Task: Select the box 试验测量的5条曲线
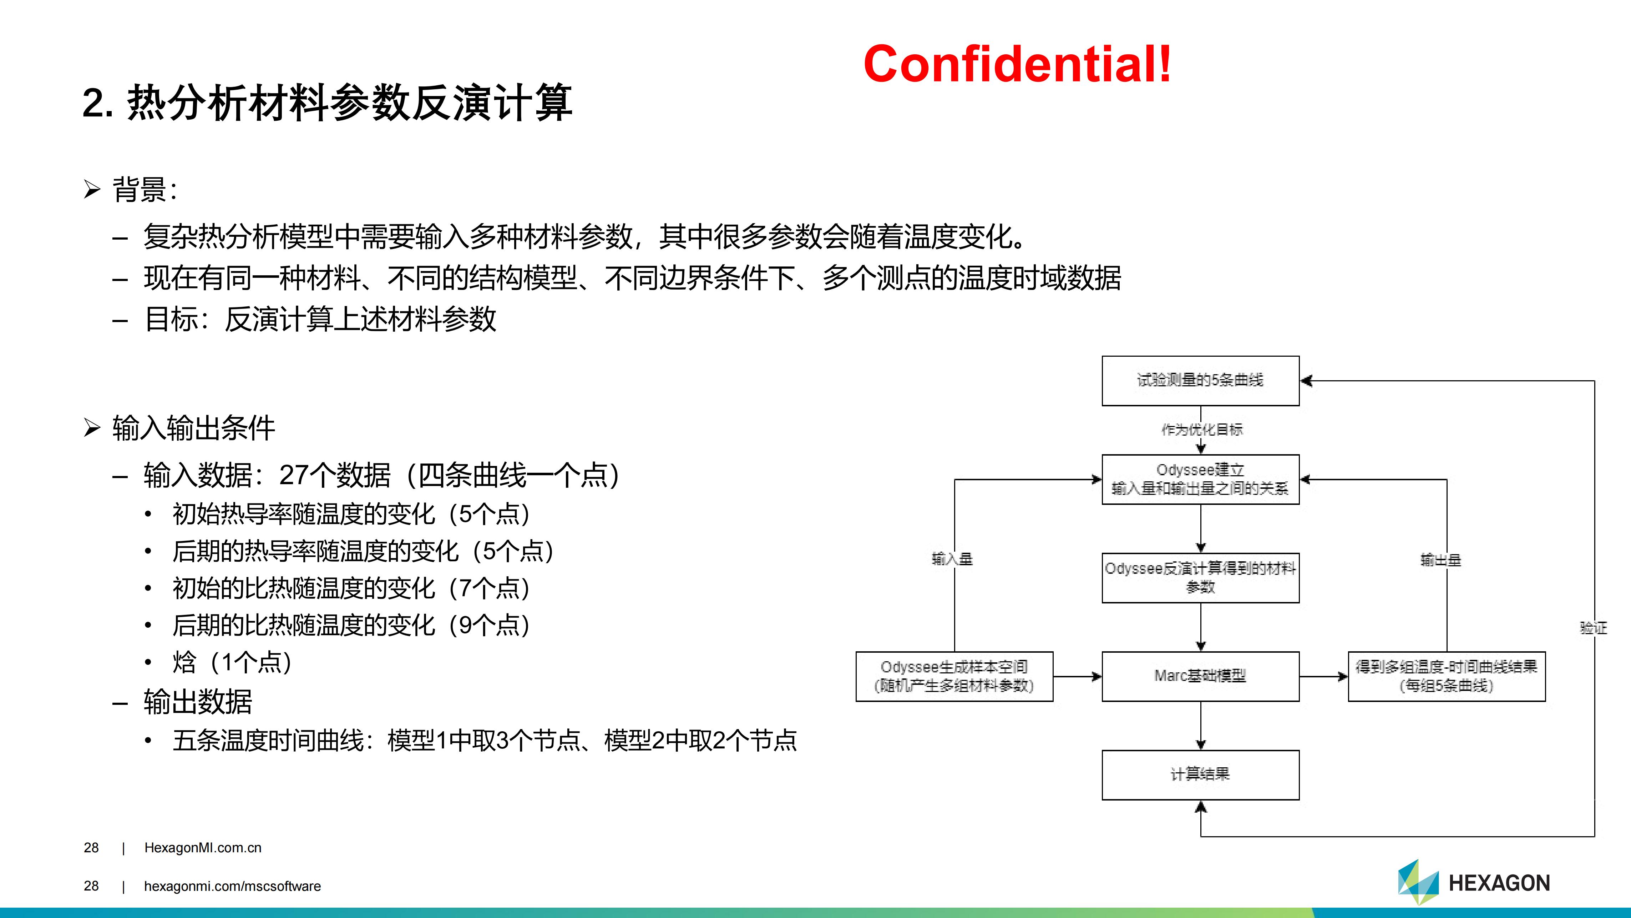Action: pyautogui.click(x=1200, y=381)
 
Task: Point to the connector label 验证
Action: pyautogui.click(x=1593, y=628)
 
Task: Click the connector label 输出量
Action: pyautogui.click(x=1440, y=560)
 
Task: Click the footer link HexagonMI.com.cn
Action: pyautogui.click(x=203, y=848)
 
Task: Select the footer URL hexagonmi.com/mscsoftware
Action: pyautogui.click(x=232, y=886)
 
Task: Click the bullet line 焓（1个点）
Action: pyautogui.click(x=232, y=662)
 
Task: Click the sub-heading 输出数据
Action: pyautogui.click(x=198, y=701)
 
